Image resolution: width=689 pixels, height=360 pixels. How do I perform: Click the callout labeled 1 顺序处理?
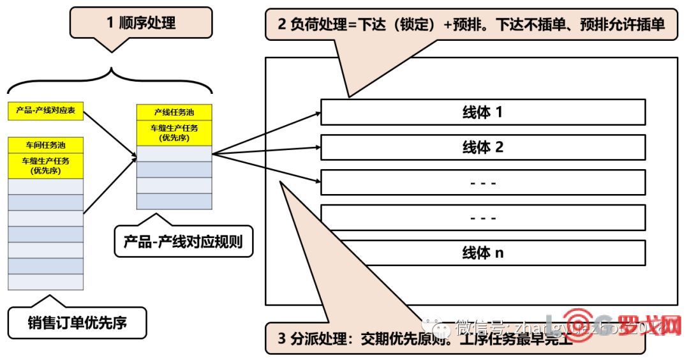click(140, 24)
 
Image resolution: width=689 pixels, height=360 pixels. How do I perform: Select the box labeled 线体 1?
click(483, 112)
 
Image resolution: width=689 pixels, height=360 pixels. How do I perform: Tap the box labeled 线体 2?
click(483, 147)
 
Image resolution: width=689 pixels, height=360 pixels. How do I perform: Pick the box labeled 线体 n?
click(483, 253)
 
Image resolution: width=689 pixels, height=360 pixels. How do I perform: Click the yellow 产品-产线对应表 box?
click(46, 110)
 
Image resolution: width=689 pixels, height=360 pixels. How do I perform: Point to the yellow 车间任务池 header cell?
click(46, 145)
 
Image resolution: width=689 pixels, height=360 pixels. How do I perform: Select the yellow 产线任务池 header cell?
click(174, 112)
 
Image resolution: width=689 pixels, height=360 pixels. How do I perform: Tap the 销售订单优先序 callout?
click(77, 323)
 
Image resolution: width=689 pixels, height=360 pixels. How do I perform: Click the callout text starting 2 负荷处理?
click(472, 25)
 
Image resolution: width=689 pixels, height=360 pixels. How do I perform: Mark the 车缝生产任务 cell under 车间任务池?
click(46, 165)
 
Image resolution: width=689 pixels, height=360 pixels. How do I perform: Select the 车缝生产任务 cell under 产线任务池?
click(174, 133)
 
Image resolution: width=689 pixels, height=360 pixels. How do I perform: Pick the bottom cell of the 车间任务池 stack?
click(46, 281)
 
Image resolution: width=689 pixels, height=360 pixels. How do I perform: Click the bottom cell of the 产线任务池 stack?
click(174, 201)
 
